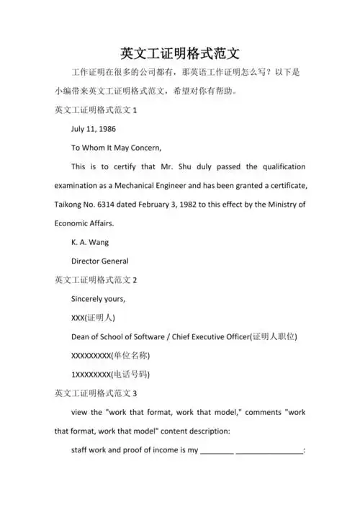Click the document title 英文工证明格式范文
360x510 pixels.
[x=180, y=53]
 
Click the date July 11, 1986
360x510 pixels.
[x=94, y=130]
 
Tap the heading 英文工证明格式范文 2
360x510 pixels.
[x=96, y=279]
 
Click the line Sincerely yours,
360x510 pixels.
[x=98, y=297]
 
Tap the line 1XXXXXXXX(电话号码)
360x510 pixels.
[x=110, y=374]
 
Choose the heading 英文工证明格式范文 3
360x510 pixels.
[x=96, y=393]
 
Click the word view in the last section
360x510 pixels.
[x=81, y=412]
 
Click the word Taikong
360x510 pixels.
[x=70, y=204]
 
